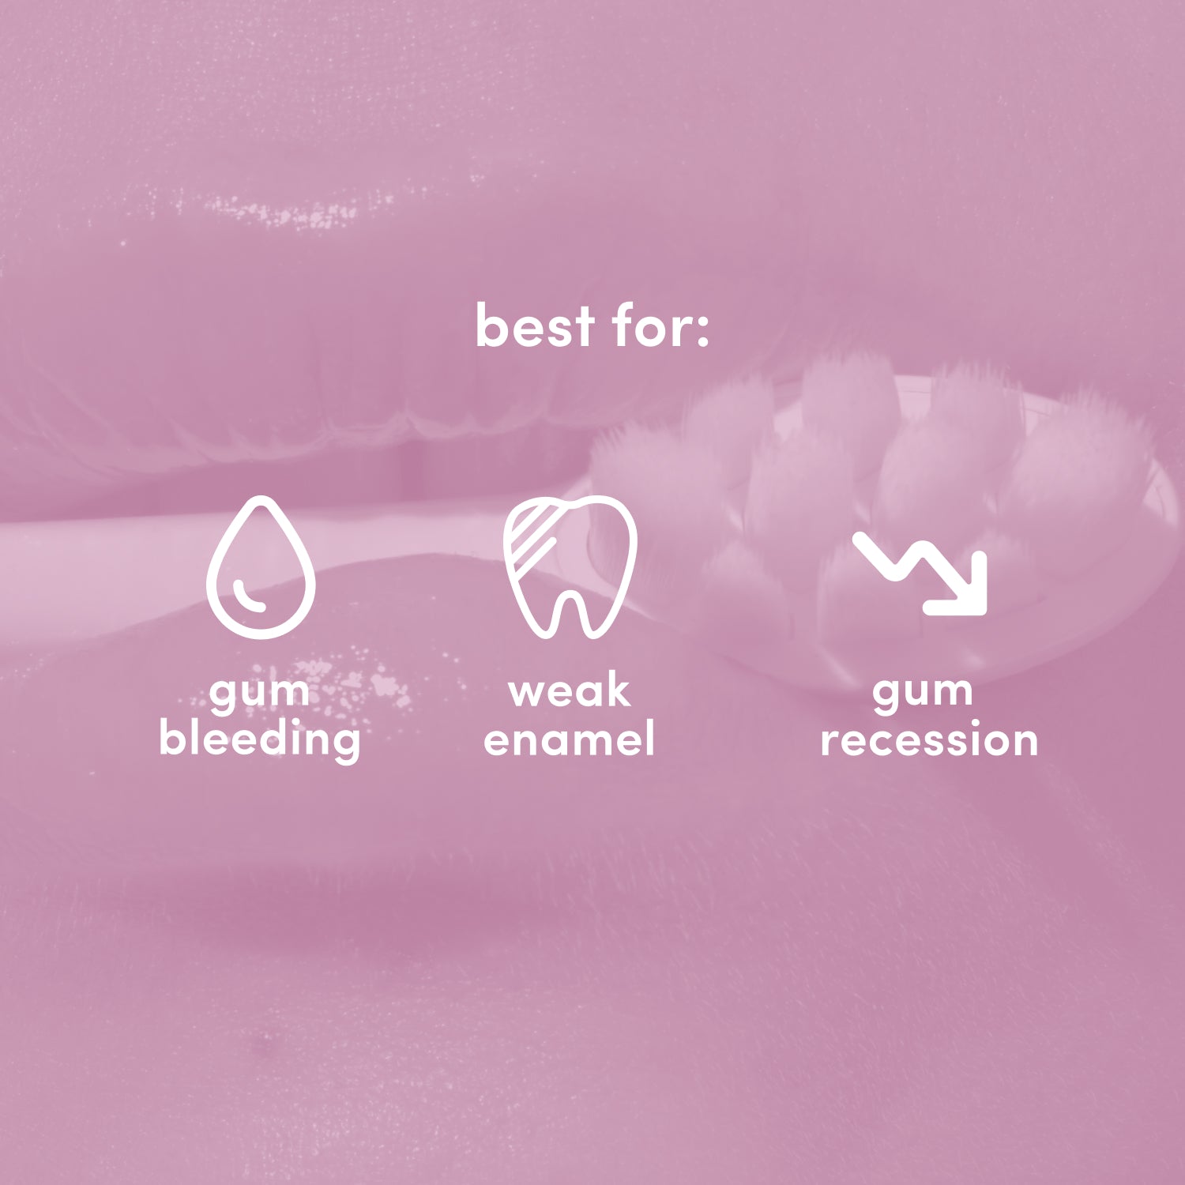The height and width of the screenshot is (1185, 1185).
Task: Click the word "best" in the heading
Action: click(x=535, y=326)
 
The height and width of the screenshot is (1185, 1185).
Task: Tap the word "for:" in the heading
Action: click(x=660, y=326)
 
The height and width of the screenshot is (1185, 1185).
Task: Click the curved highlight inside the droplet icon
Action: click(x=251, y=597)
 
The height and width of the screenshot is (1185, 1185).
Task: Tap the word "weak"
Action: click(x=570, y=692)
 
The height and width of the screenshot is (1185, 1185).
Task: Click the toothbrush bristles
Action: click(x=869, y=466)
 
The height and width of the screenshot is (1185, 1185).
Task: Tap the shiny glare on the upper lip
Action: click(x=276, y=209)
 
